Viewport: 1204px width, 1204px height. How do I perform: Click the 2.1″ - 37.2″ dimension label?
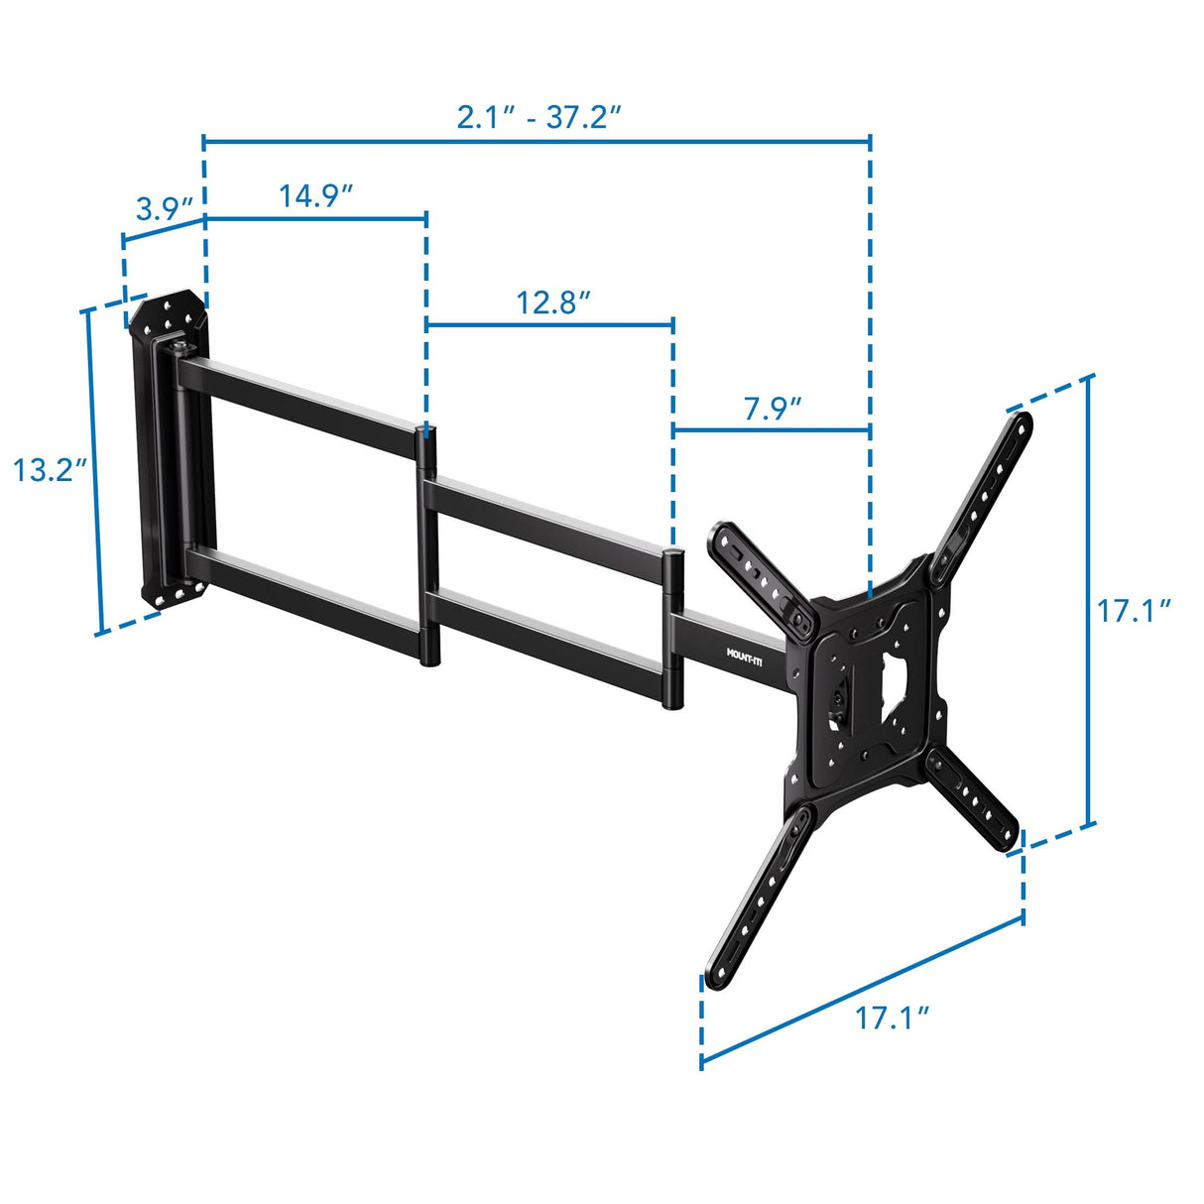coord(539,117)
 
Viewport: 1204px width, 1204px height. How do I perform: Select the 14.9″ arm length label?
coord(316,195)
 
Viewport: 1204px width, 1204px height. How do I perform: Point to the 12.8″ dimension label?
coord(553,302)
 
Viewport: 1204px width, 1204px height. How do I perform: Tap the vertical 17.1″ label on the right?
coord(1134,611)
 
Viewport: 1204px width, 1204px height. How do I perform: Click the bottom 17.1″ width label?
coord(893,1017)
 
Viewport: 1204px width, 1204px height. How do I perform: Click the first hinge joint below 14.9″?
coord(427,545)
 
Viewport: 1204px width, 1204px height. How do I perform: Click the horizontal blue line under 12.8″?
coord(550,323)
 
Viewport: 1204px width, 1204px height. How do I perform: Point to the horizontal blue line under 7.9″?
coord(772,429)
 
